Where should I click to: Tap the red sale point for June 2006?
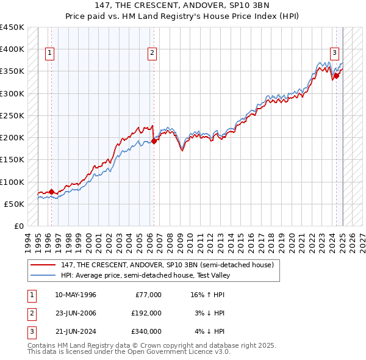coord(154,141)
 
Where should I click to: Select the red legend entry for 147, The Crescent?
coord(170,265)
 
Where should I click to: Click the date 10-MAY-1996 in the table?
coord(76,295)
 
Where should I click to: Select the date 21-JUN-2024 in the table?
coord(76,332)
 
